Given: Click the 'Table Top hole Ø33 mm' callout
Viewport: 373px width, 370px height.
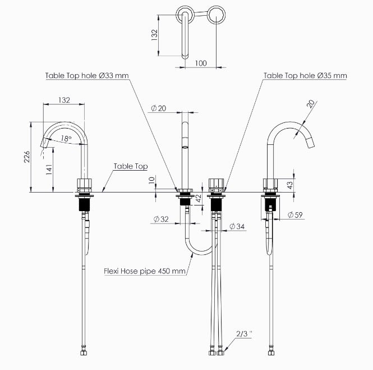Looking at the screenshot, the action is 87,76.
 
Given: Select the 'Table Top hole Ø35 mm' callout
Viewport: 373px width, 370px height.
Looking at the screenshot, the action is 305,76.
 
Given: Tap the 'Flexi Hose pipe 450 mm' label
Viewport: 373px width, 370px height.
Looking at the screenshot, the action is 145,271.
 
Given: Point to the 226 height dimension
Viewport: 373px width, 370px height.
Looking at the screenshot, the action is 27,157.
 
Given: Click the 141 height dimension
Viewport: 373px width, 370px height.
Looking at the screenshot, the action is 49,170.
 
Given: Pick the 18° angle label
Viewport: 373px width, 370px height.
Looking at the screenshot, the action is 66,139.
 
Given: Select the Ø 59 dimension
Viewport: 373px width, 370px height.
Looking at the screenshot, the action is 295,215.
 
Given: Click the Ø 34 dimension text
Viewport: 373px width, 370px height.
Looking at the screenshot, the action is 237,226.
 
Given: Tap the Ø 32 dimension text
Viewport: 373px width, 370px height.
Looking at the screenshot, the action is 161,219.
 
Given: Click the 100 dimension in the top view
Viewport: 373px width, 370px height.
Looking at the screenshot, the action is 201,63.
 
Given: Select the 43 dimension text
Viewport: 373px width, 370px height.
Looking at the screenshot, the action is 290,185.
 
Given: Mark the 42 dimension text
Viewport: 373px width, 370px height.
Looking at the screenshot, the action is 199,198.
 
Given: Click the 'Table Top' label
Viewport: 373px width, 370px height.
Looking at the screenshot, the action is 131,166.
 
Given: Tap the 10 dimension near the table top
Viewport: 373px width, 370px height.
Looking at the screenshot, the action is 151,180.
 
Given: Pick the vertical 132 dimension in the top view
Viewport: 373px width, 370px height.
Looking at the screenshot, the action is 154,35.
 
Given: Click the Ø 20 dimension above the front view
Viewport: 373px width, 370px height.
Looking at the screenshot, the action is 159,108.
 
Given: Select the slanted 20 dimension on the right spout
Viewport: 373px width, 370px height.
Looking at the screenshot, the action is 310,104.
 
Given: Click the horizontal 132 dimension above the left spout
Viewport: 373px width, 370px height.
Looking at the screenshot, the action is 64,100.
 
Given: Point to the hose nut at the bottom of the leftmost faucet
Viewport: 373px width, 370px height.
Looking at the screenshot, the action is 84,353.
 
